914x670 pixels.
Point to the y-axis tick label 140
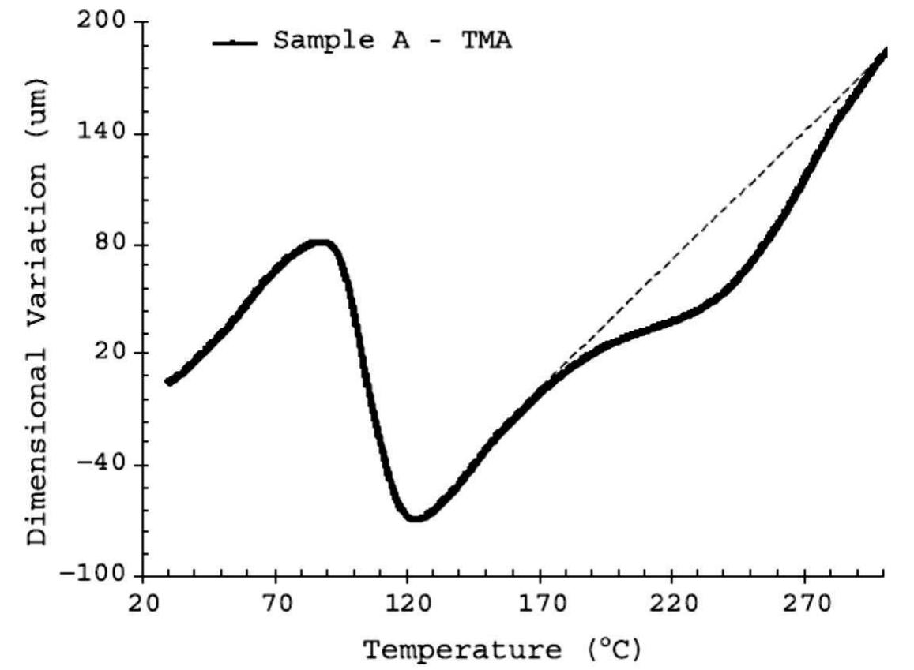pos(102,133)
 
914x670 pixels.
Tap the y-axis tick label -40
pos(102,465)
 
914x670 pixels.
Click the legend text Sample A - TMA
pos(393,40)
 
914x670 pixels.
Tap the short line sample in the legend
pos(235,42)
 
